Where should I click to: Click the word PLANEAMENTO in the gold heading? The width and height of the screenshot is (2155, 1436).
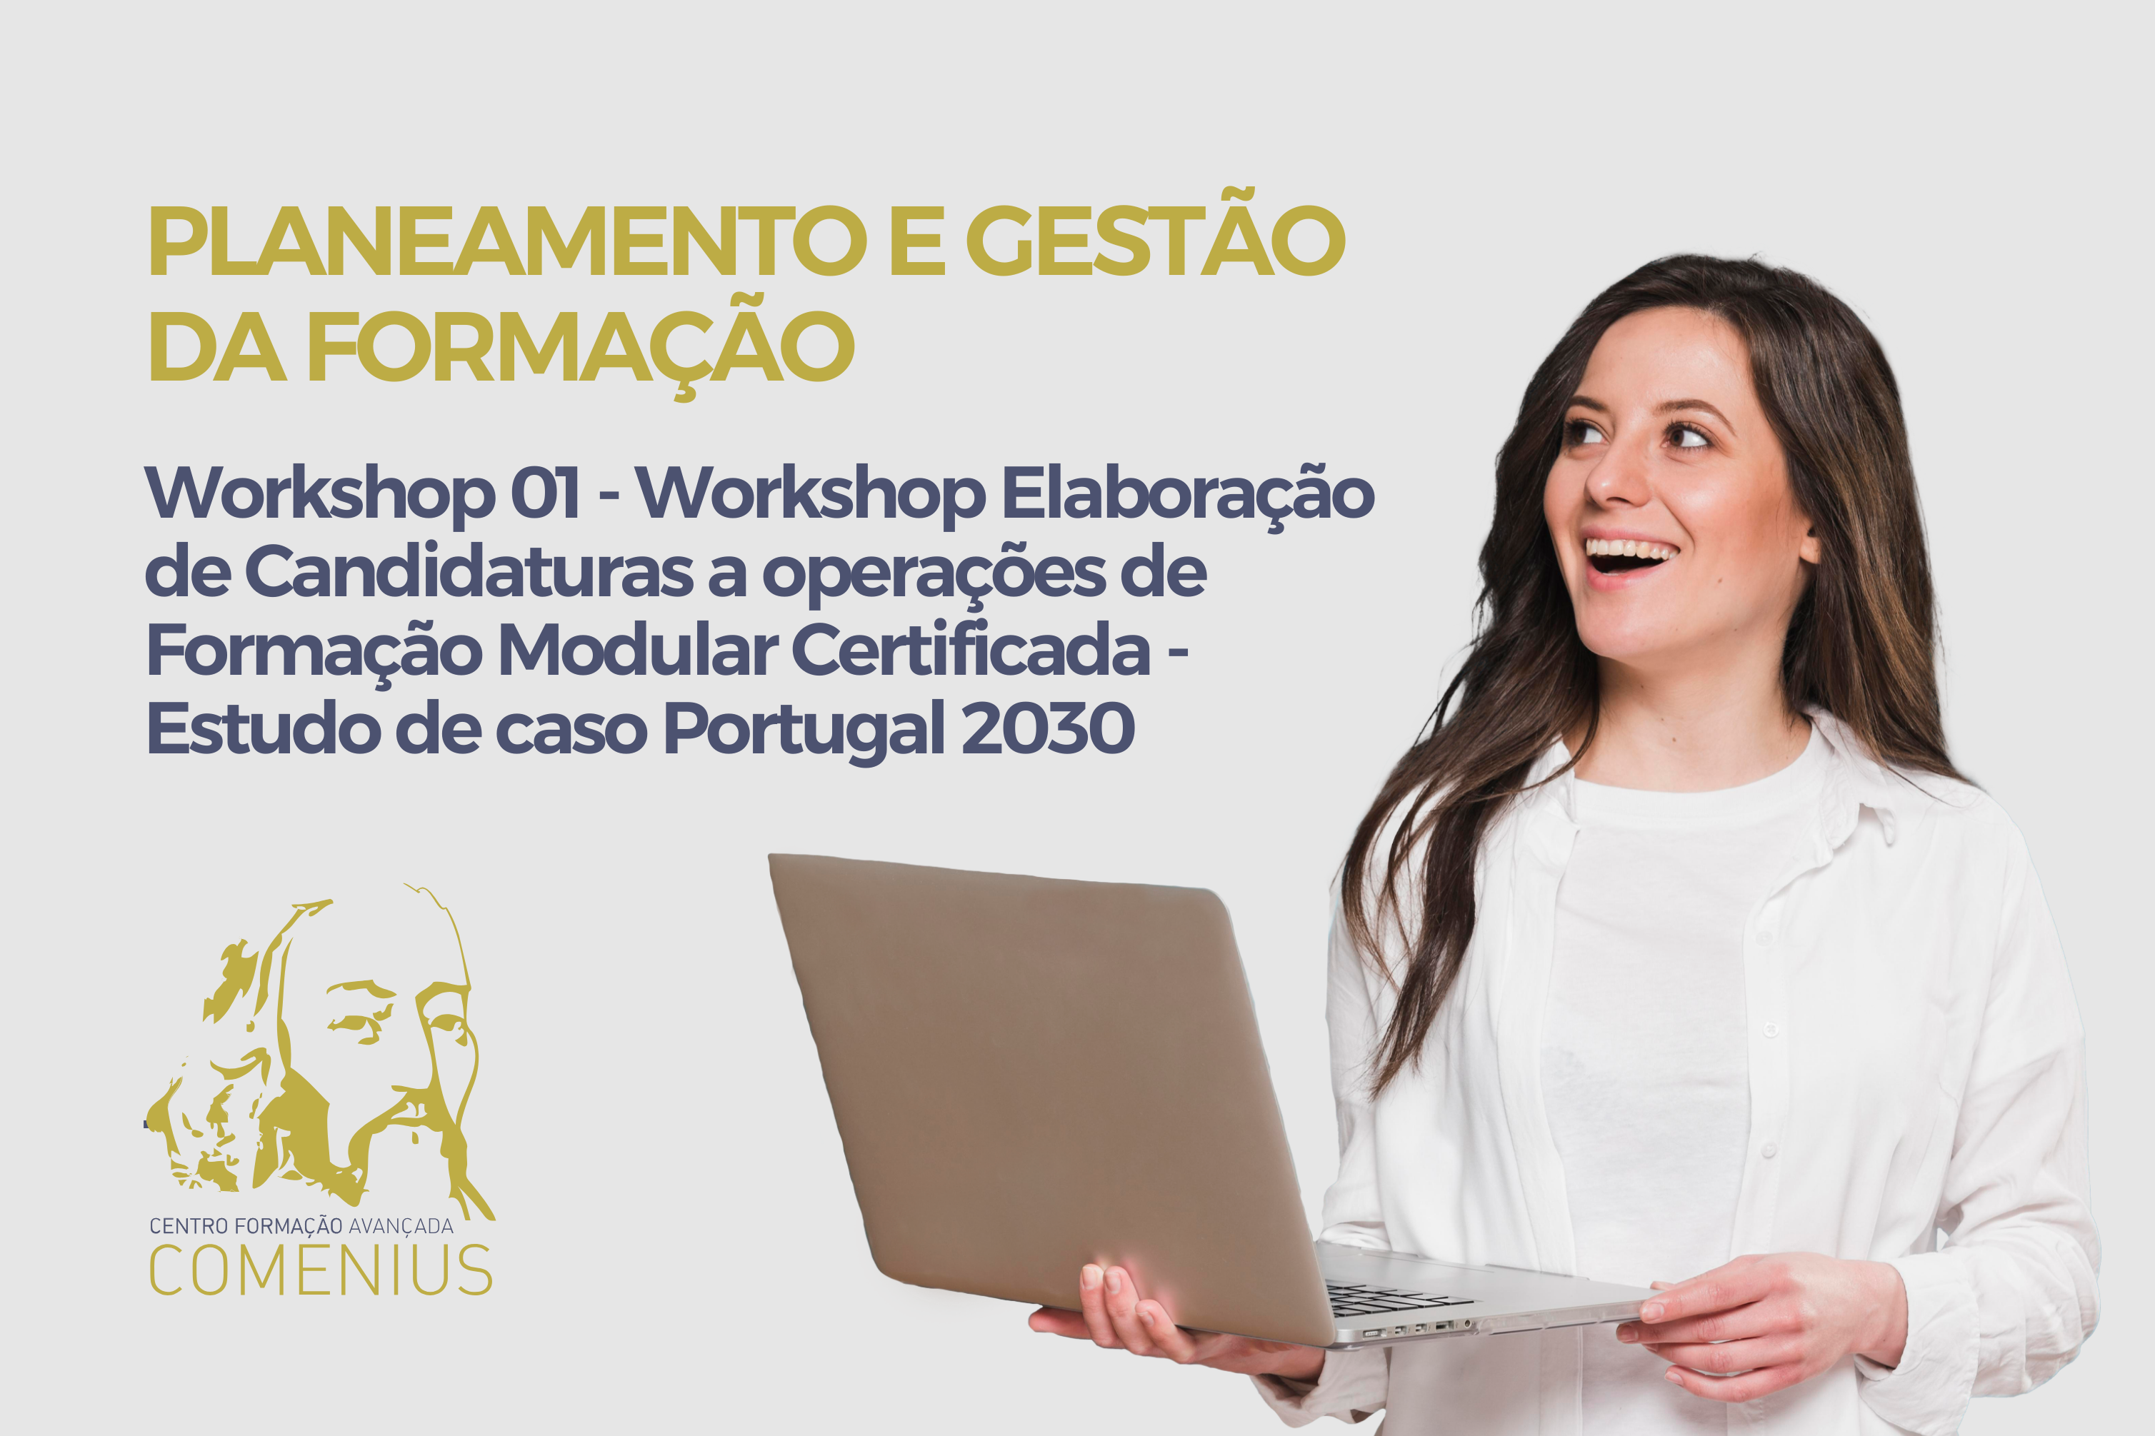coord(507,240)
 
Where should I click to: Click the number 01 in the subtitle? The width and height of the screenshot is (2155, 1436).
coord(545,493)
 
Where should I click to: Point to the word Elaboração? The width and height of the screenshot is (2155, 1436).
coord(1188,496)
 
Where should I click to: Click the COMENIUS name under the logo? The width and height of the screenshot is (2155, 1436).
coord(321,1270)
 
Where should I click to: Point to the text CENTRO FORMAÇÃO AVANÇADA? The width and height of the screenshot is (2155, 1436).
coord(301,1225)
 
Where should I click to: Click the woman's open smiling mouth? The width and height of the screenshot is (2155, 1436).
coord(1631,555)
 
